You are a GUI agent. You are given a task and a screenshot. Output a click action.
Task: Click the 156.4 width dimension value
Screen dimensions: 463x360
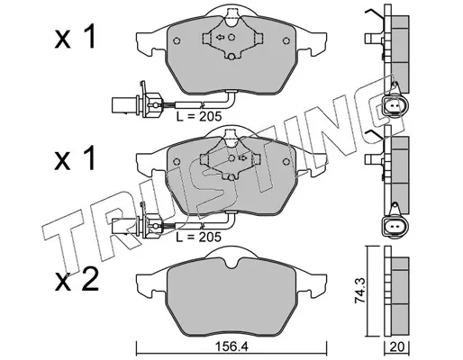(231, 347)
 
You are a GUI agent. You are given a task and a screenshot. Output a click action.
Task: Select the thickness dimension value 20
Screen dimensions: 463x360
(397, 347)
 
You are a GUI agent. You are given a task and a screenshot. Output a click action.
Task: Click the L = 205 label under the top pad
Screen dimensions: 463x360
(198, 116)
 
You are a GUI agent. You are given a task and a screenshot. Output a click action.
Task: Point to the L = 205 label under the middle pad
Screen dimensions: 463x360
(198, 237)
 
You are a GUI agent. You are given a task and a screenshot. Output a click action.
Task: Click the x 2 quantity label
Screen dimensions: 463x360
(77, 280)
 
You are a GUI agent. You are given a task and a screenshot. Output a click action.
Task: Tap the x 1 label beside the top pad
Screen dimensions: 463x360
(75, 37)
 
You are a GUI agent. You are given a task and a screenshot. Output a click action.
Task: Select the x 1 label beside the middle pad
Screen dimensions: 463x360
(75, 158)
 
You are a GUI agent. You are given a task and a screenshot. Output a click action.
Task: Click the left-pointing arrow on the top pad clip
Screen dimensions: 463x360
(220, 37)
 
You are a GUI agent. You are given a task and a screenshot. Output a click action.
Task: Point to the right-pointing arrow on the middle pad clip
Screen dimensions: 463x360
(242, 158)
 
